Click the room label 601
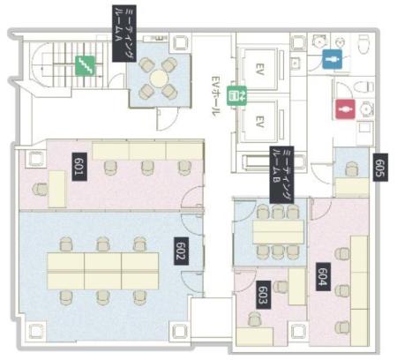[79, 167]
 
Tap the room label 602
[181, 251]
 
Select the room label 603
[264, 295]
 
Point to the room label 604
[323, 276]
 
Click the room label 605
[380, 167]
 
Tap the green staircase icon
[86, 65]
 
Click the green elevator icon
[236, 95]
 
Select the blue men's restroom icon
[333, 59]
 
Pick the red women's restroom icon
[346, 109]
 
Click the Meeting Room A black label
[124, 34]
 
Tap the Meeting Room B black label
[281, 175]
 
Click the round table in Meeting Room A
[159, 78]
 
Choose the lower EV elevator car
[259, 121]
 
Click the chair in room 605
[352, 169]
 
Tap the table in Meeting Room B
[278, 232]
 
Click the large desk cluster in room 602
[103, 271]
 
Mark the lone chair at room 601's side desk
[40, 189]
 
